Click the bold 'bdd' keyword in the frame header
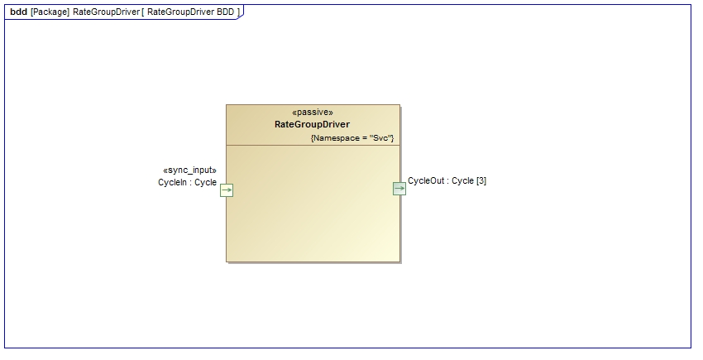point(18,12)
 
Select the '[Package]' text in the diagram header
point(50,12)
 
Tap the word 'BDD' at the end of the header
point(225,12)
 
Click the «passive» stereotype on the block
point(313,113)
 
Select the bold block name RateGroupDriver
point(312,124)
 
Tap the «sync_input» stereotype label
point(189,170)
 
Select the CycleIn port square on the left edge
point(227,190)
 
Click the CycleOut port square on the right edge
point(399,189)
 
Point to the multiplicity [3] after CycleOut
point(481,180)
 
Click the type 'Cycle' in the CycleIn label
point(205,182)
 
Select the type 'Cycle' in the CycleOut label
point(462,180)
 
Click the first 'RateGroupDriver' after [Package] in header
point(106,12)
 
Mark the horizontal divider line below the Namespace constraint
point(313,146)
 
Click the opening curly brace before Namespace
point(313,137)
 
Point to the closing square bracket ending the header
point(238,12)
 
